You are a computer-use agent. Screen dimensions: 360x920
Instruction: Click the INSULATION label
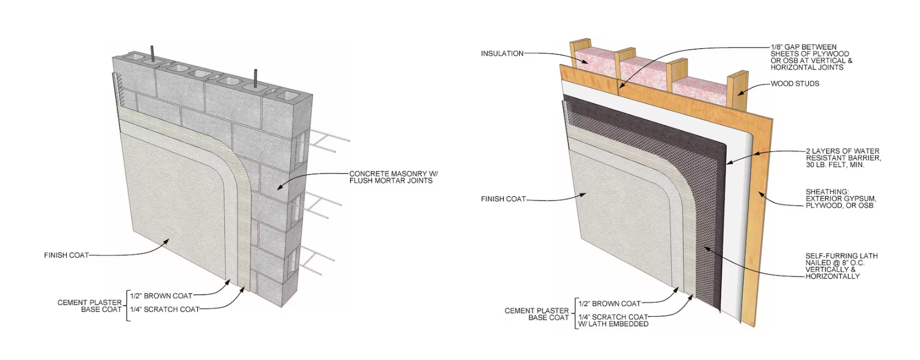point(502,53)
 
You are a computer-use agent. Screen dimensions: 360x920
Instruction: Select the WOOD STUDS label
point(795,83)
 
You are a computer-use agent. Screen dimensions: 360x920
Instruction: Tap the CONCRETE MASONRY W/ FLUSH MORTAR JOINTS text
point(390,177)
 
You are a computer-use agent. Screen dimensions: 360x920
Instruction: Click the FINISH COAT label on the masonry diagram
point(66,255)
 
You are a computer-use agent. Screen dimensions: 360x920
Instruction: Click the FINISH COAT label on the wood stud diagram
point(503,199)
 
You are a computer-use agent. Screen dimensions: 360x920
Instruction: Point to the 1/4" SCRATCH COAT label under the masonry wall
point(164,309)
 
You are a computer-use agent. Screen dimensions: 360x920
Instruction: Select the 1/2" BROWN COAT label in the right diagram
point(609,304)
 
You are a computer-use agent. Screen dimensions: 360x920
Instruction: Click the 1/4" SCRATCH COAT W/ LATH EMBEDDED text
point(613,320)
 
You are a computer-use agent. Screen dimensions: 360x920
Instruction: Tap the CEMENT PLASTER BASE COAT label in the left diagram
point(90,306)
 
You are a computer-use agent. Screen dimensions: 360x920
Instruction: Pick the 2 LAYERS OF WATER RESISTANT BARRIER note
point(843,158)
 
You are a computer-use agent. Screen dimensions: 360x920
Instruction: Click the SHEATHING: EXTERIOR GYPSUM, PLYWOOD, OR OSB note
point(841,198)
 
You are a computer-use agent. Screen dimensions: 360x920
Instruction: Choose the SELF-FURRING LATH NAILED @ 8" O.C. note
point(841,266)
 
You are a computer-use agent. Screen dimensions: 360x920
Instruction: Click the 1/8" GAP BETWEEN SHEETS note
point(811,57)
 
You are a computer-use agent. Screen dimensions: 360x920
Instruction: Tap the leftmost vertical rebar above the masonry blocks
point(153,53)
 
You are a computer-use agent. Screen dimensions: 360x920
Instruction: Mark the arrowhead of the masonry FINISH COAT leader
point(167,240)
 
